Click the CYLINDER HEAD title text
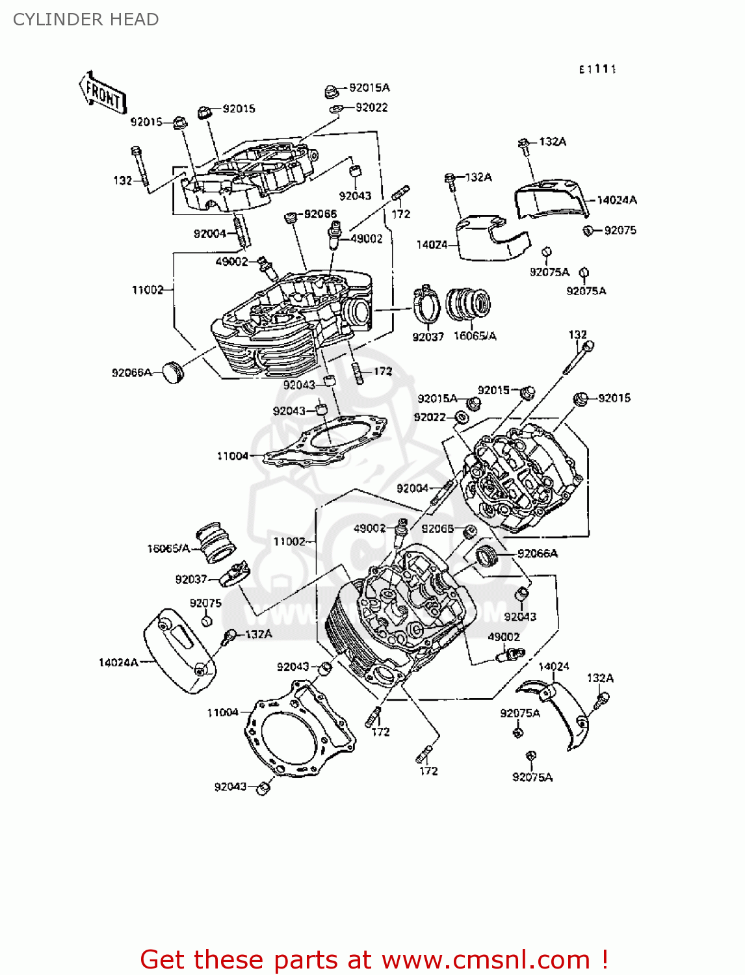pos(86,19)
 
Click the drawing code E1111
pos(597,69)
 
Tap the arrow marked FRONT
pos(103,94)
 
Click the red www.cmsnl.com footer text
pos(374,959)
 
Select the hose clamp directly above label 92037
pos(426,303)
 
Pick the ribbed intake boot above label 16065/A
pos(468,304)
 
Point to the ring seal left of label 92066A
pos(486,556)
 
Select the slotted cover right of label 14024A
pos(179,650)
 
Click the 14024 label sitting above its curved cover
pos(553,666)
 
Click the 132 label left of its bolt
pos(122,181)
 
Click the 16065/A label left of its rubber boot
pos(168,549)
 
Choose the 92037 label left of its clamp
pos(190,579)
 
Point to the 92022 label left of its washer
pos(430,417)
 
